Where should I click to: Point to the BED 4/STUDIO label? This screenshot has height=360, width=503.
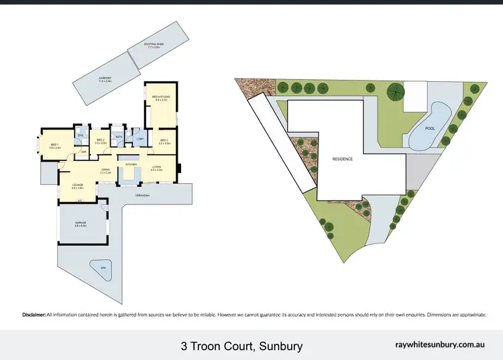pyautogui.click(x=160, y=98)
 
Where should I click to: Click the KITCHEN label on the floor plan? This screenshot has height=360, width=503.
pyautogui.click(x=131, y=164)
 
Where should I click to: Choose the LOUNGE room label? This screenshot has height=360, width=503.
pyautogui.click(x=76, y=186)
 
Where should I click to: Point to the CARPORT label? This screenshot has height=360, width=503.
pyautogui.click(x=105, y=78)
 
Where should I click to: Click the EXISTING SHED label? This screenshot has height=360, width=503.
pyautogui.click(x=154, y=45)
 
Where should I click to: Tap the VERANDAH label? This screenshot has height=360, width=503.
pyautogui.click(x=141, y=195)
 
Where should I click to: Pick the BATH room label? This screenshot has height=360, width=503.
pyautogui.click(x=118, y=136)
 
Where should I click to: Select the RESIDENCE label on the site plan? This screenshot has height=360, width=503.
pyautogui.click(x=343, y=159)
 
